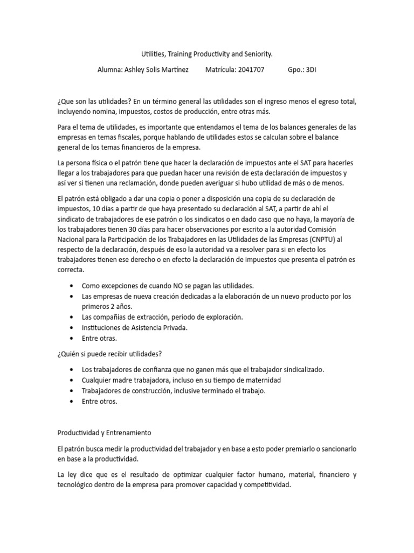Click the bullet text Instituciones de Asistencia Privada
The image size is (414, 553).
click(x=134, y=328)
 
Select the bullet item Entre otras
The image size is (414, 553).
click(x=99, y=338)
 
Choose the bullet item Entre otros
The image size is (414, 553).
click(x=99, y=401)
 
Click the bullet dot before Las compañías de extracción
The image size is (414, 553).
click(x=72, y=317)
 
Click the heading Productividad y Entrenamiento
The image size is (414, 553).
click(x=105, y=433)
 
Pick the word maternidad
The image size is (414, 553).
click(x=264, y=380)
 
